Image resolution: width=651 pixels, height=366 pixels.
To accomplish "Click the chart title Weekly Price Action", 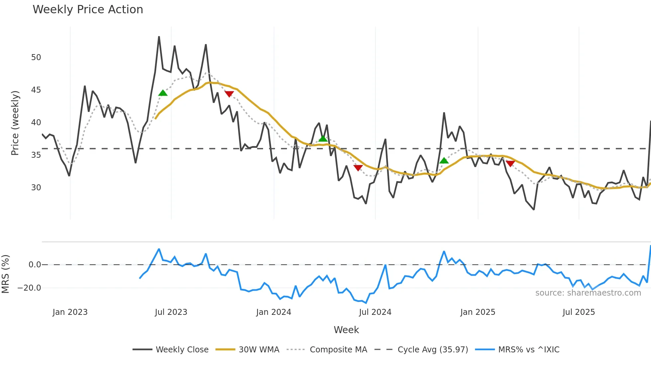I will (x=88, y=10).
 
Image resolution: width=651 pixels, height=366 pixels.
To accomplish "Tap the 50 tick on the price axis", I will (x=36, y=57).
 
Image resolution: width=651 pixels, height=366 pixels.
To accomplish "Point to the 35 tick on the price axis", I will (x=36, y=155).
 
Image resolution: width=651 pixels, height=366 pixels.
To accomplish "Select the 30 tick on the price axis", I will (x=36, y=188).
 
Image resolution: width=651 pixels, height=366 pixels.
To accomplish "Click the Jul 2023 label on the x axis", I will (x=171, y=312).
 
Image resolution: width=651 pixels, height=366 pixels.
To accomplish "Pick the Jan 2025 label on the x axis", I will (x=478, y=312).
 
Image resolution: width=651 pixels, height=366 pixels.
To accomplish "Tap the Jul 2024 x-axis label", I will (x=375, y=312).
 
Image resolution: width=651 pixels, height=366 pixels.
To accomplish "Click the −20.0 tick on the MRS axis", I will (x=29, y=288).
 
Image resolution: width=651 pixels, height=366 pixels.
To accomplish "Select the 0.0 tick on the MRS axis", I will (x=35, y=265).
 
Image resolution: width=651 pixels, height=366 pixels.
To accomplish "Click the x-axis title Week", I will (x=346, y=330).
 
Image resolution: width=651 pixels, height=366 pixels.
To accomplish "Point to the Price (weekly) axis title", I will (x=15, y=123).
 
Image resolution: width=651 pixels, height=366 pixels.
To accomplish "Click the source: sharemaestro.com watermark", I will (x=588, y=293).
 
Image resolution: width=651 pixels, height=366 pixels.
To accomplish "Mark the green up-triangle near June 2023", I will (x=163, y=93).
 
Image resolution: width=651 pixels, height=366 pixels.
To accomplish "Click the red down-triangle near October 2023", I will (x=229, y=94).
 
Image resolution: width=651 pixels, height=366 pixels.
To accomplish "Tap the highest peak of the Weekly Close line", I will (x=159, y=37).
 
